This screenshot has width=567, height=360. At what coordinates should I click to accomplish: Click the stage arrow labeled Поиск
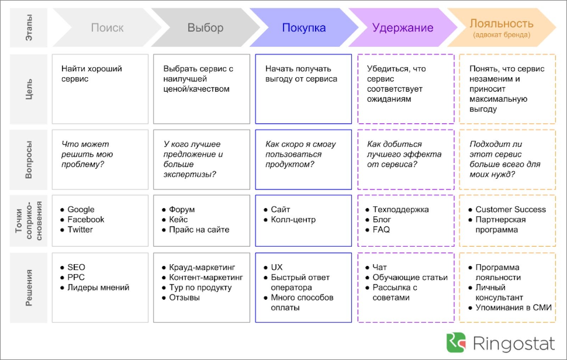pos(107,27)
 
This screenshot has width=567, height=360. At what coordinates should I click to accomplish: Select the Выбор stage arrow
pos(205,27)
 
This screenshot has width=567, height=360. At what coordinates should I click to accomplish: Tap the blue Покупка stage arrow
pos(304,27)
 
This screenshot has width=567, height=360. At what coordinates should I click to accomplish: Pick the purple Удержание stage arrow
pos(403,27)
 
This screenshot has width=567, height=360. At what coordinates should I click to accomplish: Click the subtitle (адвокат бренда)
pos(501,35)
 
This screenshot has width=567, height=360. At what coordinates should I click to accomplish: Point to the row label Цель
pos(29,89)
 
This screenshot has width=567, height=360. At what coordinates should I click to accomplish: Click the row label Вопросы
pos(29,160)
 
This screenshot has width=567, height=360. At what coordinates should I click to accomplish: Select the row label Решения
pos(29,288)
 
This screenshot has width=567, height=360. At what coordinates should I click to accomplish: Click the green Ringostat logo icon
pos(456,343)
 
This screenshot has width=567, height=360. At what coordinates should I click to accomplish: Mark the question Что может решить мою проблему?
pos(87,154)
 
